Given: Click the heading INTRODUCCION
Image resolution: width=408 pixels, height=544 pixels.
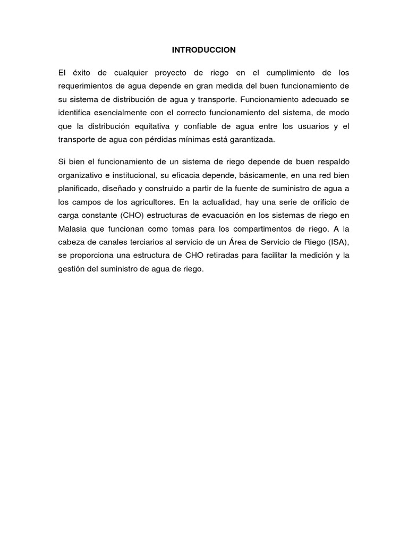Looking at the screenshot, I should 204,50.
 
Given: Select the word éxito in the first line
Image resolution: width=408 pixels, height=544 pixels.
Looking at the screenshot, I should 82,72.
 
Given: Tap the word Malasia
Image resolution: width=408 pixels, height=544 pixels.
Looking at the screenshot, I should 72,228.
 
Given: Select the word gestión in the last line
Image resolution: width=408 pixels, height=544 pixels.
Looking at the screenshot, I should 71,269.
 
